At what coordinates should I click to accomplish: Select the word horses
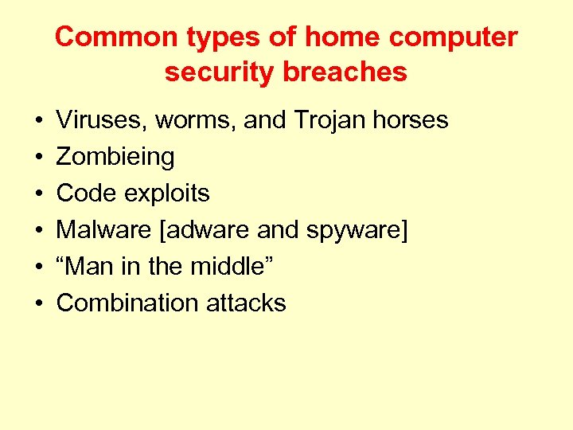click(413, 120)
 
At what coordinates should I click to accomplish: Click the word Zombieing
click(115, 157)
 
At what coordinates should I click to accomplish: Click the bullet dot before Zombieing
click(38, 158)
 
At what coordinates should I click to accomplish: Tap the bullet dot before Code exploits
click(38, 194)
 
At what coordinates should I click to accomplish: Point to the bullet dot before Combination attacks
click(38, 303)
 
